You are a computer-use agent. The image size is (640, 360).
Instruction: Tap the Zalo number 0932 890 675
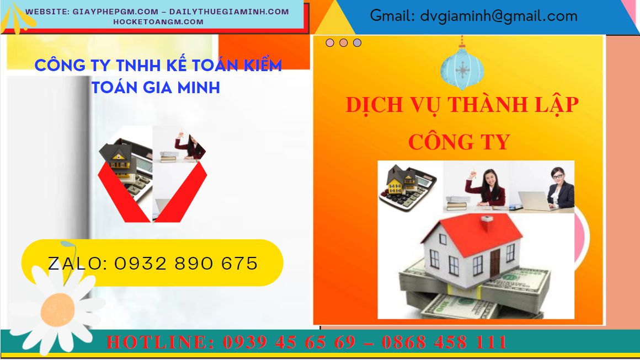point(186,264)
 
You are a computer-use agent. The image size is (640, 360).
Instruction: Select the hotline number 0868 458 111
point(444,342)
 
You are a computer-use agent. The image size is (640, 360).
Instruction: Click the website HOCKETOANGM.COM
point(158,22)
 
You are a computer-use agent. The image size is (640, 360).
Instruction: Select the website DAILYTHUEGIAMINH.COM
point(229,12)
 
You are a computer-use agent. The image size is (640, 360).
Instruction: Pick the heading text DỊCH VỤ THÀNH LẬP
point(462,105)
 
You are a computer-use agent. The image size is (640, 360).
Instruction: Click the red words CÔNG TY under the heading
point(459,142)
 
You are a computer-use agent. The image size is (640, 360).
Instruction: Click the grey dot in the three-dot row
point(357,42)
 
